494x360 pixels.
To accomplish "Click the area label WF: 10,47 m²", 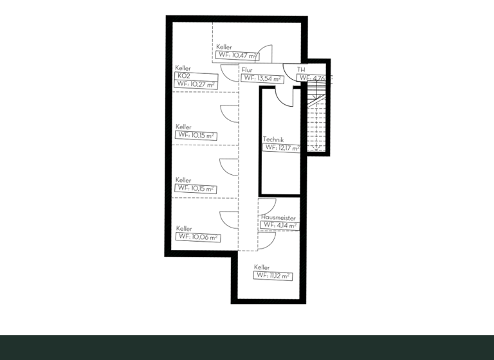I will (x=237, y=55).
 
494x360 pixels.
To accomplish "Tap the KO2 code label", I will (x=183, y=76).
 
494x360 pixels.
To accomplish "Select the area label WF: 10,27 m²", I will (x=196, y=84).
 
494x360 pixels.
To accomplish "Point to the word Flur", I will (x=248, y=69).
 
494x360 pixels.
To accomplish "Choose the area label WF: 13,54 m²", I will (x=263, y=78).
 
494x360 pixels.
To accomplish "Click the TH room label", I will (x=301, y=69).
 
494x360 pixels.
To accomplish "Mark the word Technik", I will (x=273, y=139).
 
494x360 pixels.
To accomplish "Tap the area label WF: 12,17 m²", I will (x=282, y=148).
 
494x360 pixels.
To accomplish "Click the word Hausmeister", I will (x=279, y=218).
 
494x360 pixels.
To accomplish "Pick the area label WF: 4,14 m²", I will (x=279, y=226).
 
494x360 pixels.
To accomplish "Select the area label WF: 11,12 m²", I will (x=273, y=276).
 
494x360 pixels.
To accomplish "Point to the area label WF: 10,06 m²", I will (x=198, y=237).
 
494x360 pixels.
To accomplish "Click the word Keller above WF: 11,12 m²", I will (x=262, y=267).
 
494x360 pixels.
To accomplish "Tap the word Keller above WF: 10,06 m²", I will (x=184, y=229).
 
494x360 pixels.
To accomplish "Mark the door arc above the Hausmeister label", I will (x=267, y=206).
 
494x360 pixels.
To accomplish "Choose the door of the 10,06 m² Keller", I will (x=229, y=219).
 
